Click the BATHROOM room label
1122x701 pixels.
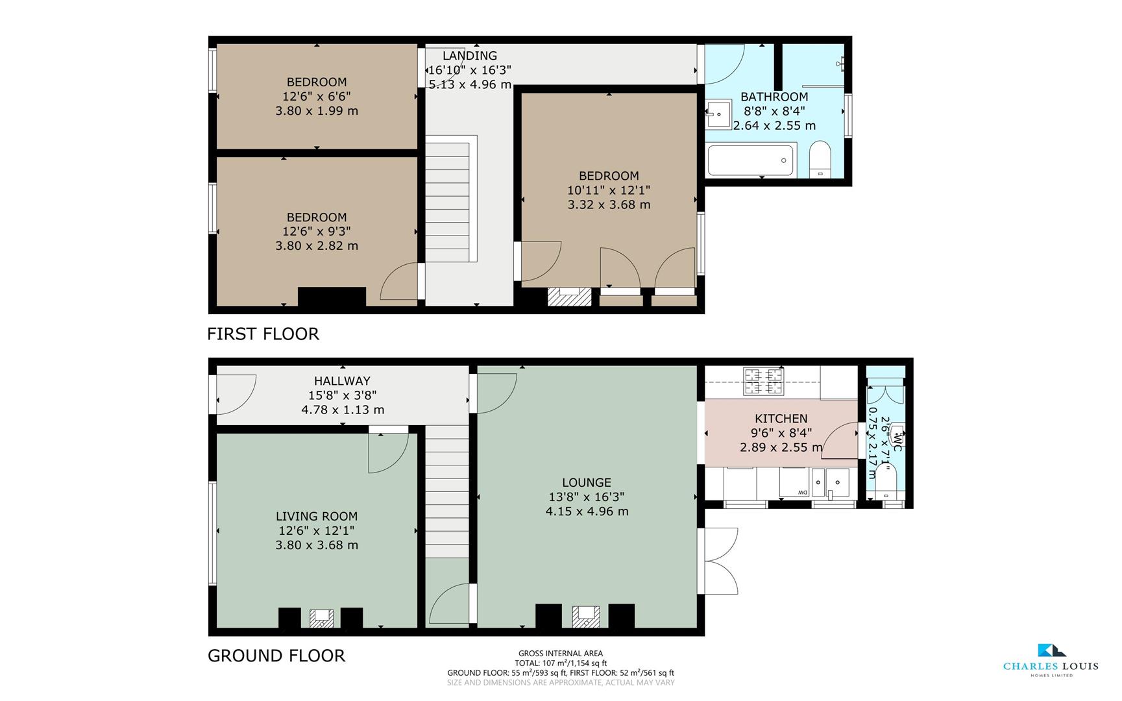coord(774,97)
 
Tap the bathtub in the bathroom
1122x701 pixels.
coord(751,160)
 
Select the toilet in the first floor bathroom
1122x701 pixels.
coord(820,159)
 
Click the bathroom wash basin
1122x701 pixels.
coord(718,114)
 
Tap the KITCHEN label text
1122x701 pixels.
coord(781,419)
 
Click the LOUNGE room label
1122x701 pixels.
coord(587,482)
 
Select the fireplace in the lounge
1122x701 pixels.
coord(586,615)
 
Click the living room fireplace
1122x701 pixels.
coord(321,618)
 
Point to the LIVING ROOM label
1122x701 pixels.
coord(317,516)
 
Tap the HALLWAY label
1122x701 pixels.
coord(343,381)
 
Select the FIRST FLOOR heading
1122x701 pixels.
coord(263,334)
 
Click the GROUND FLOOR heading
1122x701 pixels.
coord(276,656)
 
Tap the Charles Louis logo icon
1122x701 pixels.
coord(1051,650)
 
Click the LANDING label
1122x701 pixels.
coord(470,56)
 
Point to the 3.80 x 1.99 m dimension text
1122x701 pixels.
coord(317,110)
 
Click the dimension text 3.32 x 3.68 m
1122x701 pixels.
coord(609,204)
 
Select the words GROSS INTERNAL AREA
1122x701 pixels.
coord(561,654)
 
